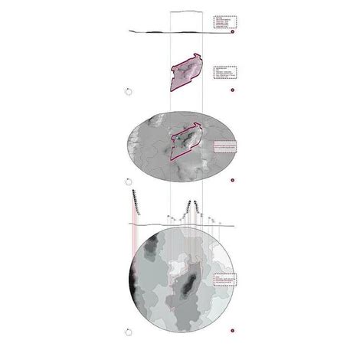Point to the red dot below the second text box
[x=232, y=90]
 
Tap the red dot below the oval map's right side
[x=232, y=181]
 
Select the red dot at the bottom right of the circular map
[x=232, y=332]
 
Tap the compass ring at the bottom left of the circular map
[x=127, y=332]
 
